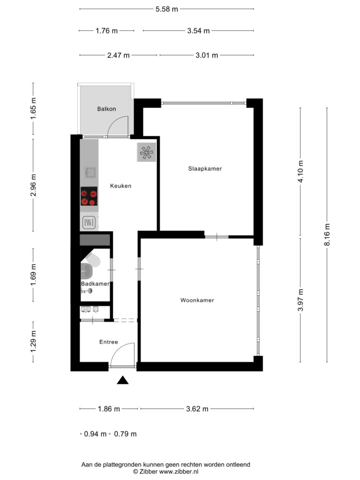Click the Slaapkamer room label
[x=205, y=168]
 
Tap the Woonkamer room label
[x=197, y=300]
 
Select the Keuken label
[x=120, y=186]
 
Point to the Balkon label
[x=106, y=109]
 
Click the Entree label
[x=109, y=342]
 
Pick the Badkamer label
[x=95, y=284]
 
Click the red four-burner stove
[x=89, y=196]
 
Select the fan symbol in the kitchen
[x=146, y=152]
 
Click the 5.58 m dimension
[x=167, y=9]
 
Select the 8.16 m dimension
[x=327, y=234]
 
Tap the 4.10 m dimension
[x=300, y=172]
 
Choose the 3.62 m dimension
[x=197, y=409]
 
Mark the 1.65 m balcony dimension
[x=33, y=109]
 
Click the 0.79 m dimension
[x=125, y=434]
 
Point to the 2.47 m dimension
[x=119, y=55]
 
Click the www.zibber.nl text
[x=179, y=472]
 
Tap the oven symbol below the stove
[x=89, y=223]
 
